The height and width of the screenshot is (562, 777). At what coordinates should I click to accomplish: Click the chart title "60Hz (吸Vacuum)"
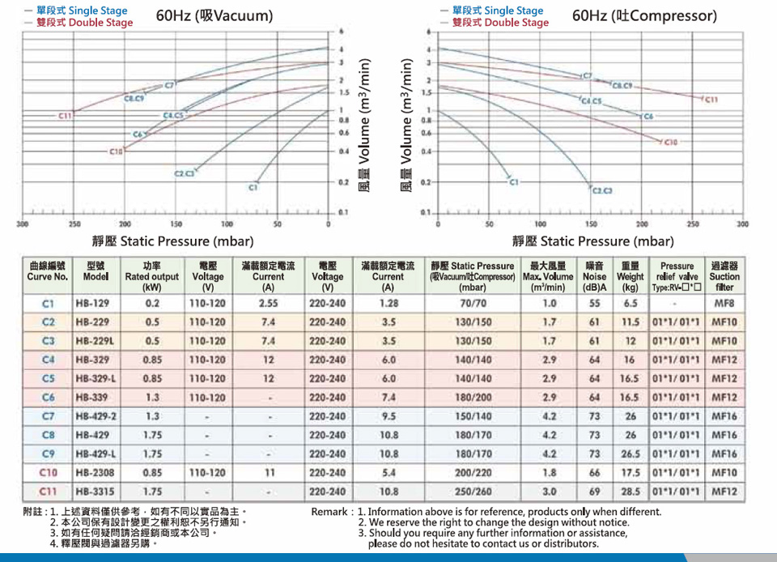point(214,16)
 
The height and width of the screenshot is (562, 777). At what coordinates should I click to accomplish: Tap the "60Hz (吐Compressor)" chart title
point(644,16)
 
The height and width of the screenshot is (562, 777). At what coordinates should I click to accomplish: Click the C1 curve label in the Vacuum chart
point(253,187)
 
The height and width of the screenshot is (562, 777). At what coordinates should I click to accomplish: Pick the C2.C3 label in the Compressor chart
point(601,191)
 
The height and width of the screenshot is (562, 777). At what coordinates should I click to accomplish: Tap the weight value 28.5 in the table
point(630,491)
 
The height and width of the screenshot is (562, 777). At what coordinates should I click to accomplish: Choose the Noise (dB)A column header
point(595,276)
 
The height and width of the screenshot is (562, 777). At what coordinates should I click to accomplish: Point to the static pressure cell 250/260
point(473,491)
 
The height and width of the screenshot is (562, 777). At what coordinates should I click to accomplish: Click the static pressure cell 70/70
point(473,303)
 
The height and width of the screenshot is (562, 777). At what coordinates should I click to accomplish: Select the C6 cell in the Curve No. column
point(48,397)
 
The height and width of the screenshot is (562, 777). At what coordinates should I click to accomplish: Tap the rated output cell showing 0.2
point(151,303)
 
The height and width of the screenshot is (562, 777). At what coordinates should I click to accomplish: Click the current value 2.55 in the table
point(269,303)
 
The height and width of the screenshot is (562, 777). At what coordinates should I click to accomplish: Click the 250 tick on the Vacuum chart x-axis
point(74,223)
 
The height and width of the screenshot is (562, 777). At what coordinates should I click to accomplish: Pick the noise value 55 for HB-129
point(595,303)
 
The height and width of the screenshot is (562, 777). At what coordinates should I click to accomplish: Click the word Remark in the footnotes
point(330,512)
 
